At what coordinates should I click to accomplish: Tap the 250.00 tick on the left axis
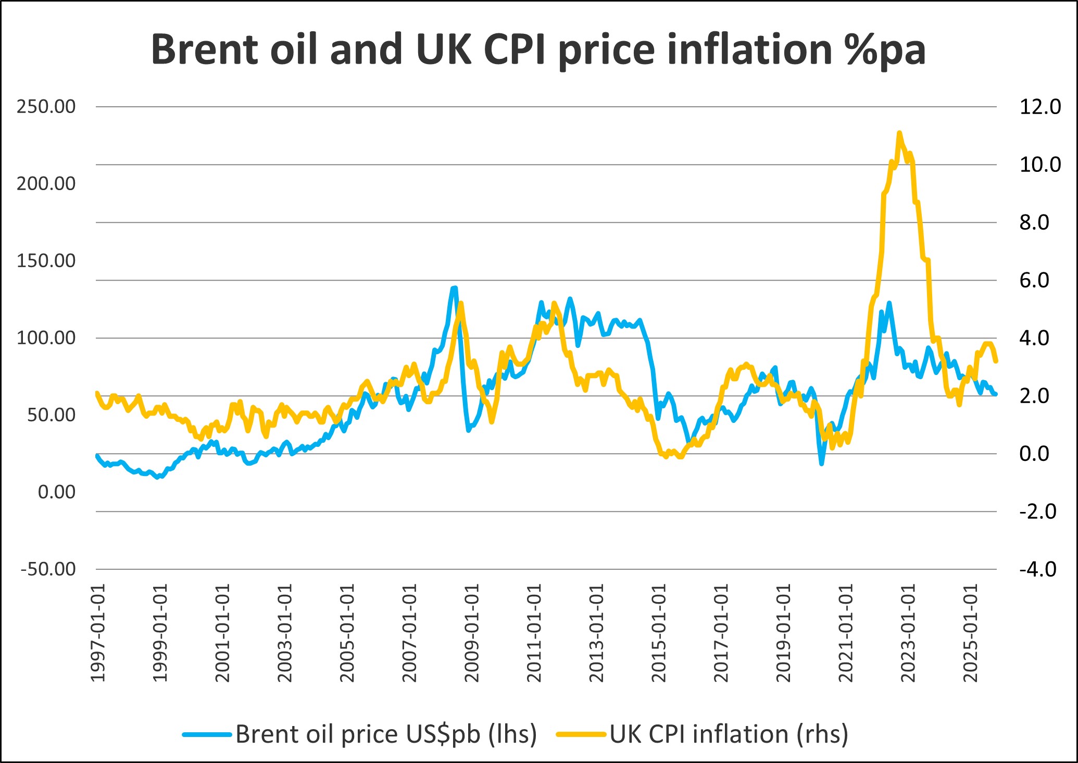(46, 107)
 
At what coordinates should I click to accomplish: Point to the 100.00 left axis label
(46, 338)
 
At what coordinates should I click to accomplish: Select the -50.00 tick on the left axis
(48, 569)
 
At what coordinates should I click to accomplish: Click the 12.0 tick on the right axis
(1039, 107)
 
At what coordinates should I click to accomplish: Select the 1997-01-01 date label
(98, 633)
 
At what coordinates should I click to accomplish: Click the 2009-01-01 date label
(472, 633)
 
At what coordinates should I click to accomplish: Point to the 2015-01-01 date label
(659, 633)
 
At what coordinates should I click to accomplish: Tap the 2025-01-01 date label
(971, 633)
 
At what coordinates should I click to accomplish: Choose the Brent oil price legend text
(386, 734)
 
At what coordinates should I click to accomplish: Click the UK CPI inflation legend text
(729, 734)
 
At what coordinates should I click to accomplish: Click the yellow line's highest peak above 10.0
(899, 133)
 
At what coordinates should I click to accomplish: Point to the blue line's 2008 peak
(454, 287)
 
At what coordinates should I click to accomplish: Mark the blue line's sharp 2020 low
(821, 463)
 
